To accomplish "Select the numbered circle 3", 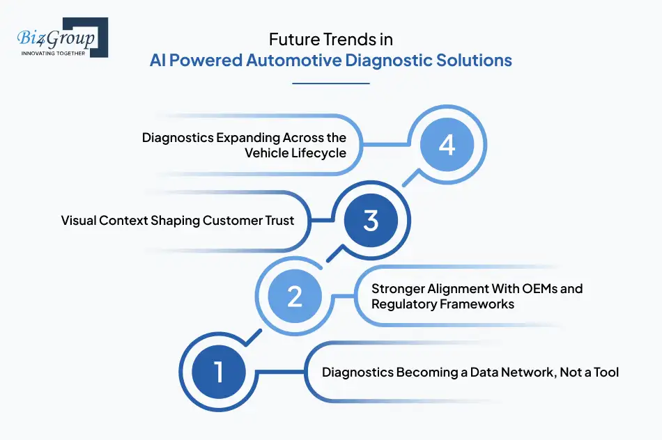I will point(370,221).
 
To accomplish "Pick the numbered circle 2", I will point(295,297).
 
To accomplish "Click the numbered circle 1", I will point(219,372).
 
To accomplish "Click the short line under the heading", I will point(330,83).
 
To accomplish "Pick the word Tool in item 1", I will point(606,372).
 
